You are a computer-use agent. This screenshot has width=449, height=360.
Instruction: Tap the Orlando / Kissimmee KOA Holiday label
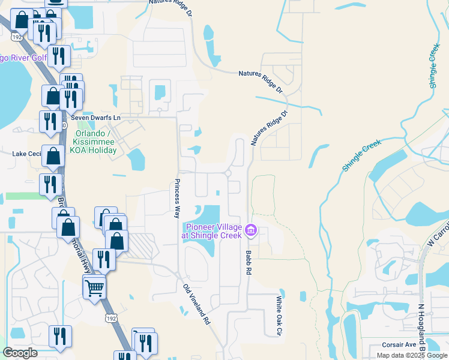pos(94,141)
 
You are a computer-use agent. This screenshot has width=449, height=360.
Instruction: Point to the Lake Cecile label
pos(25,154)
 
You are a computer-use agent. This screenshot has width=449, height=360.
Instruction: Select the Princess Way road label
pos(177,198)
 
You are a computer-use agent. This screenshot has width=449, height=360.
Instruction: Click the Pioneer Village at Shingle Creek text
pos(213,231)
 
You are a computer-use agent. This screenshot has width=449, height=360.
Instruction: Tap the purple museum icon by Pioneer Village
pos(252,229)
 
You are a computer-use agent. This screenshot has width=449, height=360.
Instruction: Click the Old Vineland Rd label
pos(196,305)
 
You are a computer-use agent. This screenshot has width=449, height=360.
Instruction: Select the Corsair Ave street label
pos(399,345)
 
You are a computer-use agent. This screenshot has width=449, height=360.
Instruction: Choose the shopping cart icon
pos(94,288)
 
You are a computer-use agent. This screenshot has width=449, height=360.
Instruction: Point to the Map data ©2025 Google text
pos(412,355)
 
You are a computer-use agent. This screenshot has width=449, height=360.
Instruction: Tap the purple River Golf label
pos(24,58)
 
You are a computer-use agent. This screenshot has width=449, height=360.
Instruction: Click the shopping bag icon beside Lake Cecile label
pos(53,156)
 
